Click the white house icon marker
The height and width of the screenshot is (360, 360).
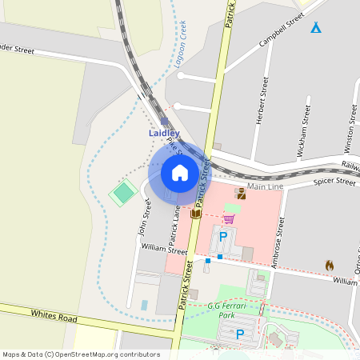[x=180, y=173]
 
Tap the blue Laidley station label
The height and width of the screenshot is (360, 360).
[x=164, y=133]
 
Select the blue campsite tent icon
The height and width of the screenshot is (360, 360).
[x=316, y=28]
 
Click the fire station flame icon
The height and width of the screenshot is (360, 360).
[x=329, y=265]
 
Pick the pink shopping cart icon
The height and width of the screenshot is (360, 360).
[x=229, y=218]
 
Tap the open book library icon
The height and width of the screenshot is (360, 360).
[x=195, y=214]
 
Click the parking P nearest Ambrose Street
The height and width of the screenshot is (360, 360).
[x=224, y=237]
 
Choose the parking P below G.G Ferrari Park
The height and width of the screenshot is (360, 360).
[x=240, y=334]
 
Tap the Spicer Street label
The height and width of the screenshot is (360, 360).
[x=334, y=182]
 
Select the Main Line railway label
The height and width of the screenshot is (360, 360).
[x=265, y=186]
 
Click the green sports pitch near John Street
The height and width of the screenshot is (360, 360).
[x=123, y=193]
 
